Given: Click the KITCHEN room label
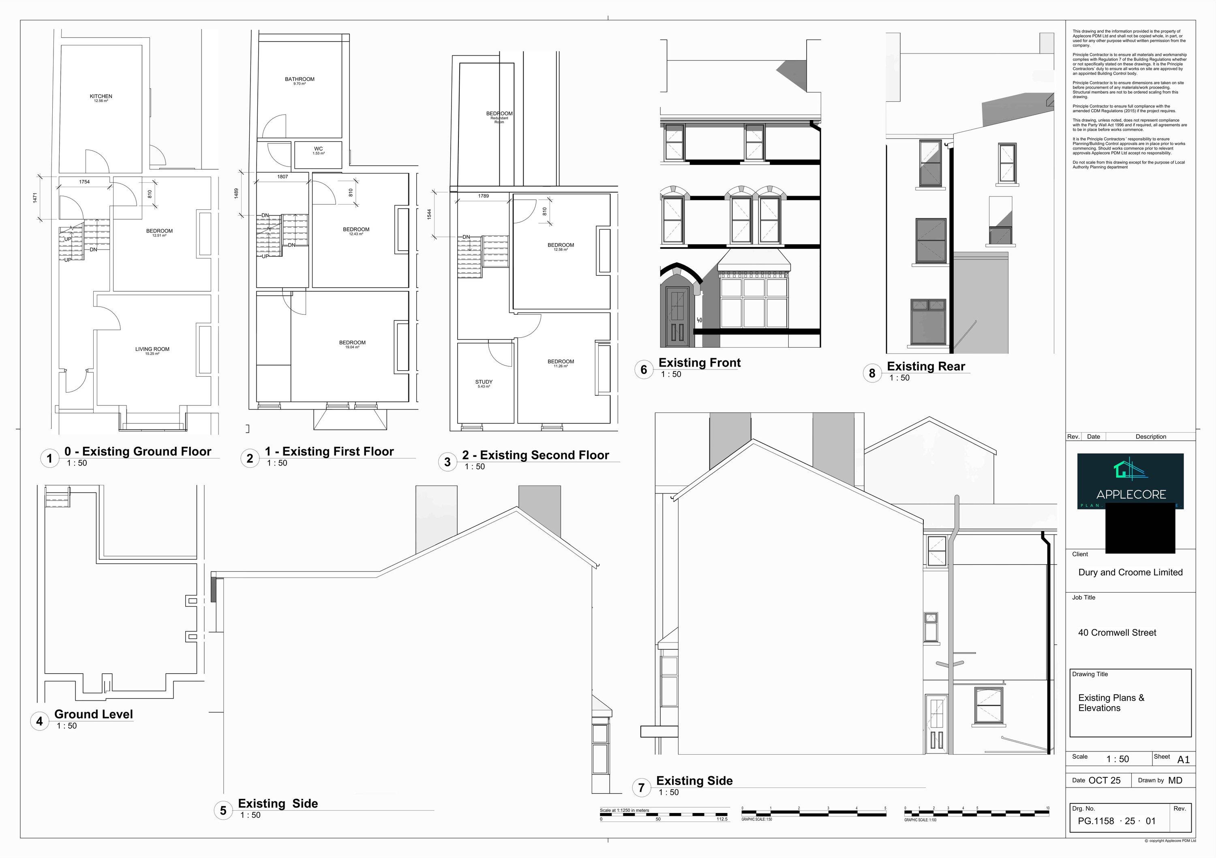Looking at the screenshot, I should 101,97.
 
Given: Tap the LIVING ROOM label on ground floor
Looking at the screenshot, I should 152,349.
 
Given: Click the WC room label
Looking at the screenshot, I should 318,149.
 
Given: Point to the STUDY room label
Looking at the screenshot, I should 484,382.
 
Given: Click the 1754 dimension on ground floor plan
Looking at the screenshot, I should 84,181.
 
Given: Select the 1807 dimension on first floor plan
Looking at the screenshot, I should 282,176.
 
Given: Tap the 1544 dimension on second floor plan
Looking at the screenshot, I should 429,214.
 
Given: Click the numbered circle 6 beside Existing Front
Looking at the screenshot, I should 644,369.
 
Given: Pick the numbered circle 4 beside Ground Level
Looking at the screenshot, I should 39,721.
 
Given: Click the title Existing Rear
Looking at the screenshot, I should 926,366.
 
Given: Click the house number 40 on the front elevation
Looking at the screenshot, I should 699,320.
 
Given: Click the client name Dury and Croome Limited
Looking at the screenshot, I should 1130,572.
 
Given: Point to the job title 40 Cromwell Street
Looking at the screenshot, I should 1117,632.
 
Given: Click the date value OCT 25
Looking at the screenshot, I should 1104,780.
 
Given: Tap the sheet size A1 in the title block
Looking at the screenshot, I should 1183,760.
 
